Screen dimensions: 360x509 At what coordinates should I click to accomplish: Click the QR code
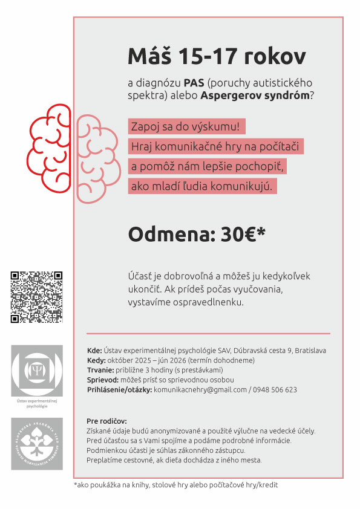[x=36, y=297]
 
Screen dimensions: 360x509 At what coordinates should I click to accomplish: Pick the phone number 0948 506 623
[x=275, y=390]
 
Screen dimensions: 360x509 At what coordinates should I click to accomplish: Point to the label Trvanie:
[x=100, y=370]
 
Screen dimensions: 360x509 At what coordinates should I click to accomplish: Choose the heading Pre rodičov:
[x=107, y=421]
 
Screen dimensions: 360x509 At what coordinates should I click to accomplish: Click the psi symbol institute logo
[x=36, y=371]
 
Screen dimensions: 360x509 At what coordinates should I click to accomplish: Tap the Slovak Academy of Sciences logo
[x=36, y=443]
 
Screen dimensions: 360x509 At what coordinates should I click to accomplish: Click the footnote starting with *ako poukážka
[x=175, y=484]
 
